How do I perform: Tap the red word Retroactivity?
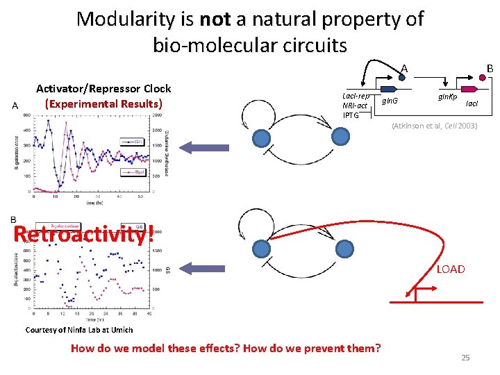tap(83, 233)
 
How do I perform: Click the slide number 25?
tap(465, 357)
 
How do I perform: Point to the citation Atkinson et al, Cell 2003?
tap(434, 126)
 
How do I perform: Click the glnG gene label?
tap(389, 101)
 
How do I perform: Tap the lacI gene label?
tap(472, 103)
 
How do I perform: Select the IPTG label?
tap(351, 115)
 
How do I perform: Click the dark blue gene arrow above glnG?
tap(388, 89)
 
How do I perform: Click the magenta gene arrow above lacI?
tap(469, 89)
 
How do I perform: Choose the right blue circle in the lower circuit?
tap(344, 248)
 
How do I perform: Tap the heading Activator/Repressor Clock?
tap(103, 89)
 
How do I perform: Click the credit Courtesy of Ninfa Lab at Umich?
tap(78, 329)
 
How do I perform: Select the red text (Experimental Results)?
tap(103, 103)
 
